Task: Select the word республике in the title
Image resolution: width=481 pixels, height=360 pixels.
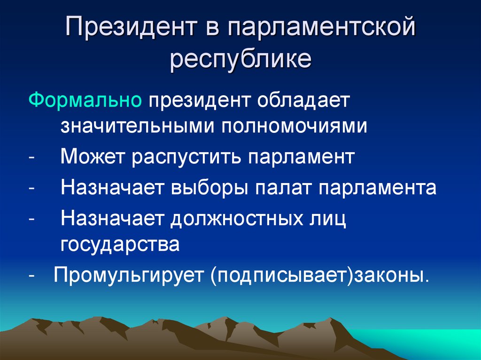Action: coord(240,60)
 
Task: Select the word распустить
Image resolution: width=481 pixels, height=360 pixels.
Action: coord(186,157)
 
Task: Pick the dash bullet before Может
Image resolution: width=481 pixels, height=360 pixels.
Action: coord(31,157)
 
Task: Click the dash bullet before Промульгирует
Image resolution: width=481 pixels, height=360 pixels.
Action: coord(31,275)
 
